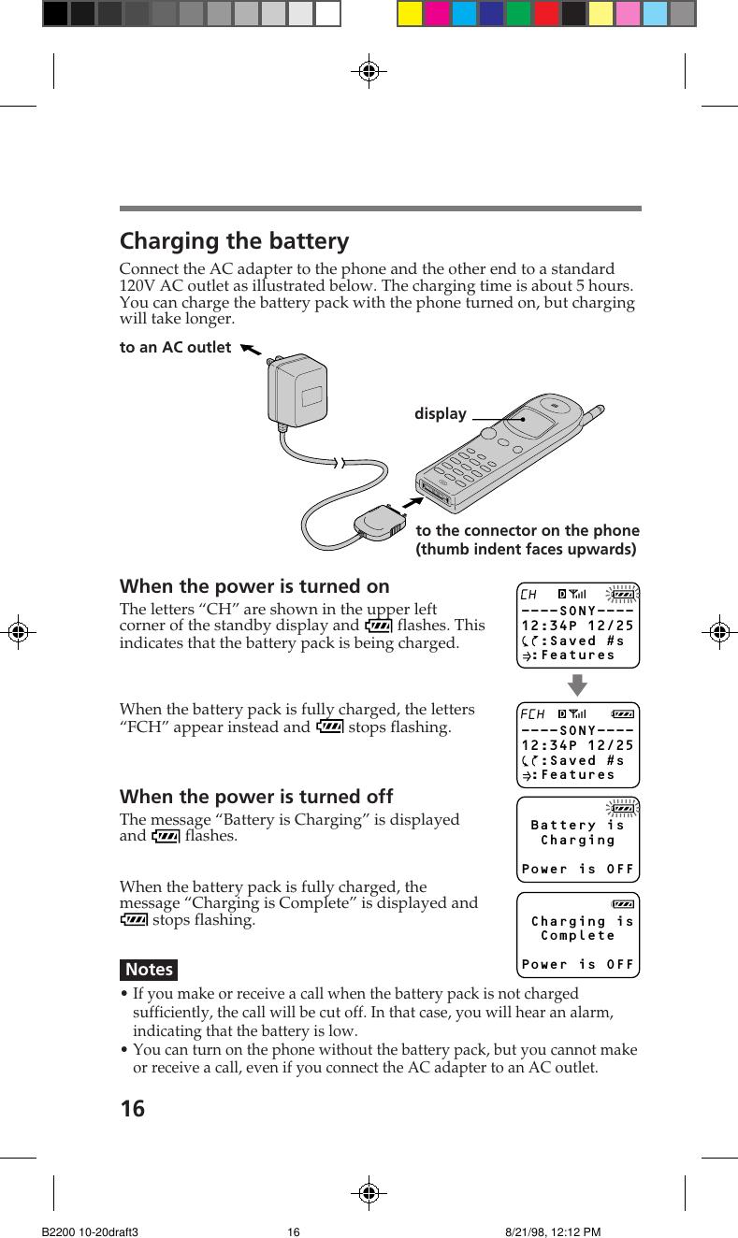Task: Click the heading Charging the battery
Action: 234,241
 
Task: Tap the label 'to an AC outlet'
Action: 175,347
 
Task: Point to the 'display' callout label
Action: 440,413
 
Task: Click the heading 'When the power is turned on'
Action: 254,586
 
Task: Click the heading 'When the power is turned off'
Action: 256,797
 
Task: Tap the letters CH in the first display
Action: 528,594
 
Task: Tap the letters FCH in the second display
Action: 532,714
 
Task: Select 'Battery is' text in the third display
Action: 577,825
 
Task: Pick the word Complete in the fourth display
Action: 578,936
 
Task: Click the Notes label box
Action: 149,970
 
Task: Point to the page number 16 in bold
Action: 133,1109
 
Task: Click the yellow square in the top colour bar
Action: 410,13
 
